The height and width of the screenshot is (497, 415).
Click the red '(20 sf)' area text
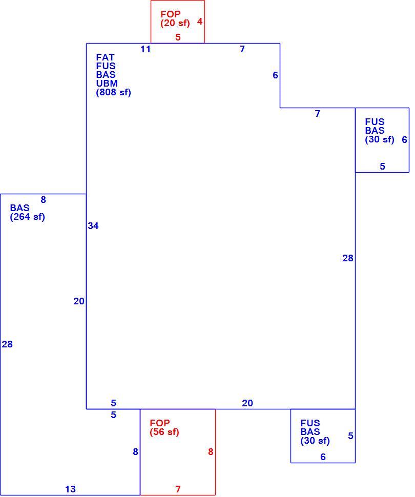(x=175, y=23)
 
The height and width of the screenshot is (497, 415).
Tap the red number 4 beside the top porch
(x=200, y=22)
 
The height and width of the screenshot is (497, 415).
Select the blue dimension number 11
(x=146, y=49)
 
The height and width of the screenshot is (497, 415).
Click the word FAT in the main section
(x=105, y=57)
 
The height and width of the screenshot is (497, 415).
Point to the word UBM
(x=107, y=84)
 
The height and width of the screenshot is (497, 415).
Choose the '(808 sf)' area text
(x=114, y=93)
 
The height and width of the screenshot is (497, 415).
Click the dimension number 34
(x=93, y=226)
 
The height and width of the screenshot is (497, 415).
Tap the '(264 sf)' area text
(x=27, y=217)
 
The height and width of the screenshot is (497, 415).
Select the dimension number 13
(x=70, y=489)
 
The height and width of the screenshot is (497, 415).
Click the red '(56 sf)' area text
(x=164, y=432)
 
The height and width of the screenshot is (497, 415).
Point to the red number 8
(x=211, y=452)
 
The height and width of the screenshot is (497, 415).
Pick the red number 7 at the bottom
(x=178, y=489)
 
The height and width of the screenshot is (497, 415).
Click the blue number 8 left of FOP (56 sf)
(x=135, y=452)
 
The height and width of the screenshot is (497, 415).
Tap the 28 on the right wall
(x=348, y=258)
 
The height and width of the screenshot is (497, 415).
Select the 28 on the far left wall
(x=7, y=344)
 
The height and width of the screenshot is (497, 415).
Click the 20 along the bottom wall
(x=247, y=403)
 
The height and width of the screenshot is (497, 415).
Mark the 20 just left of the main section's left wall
(x=79, y=301)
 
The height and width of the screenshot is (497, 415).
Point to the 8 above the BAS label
(x=43, y=200)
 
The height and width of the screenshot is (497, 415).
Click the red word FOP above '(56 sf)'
(x=159, y=423)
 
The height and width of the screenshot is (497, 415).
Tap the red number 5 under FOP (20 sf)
(x=178, y=37)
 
